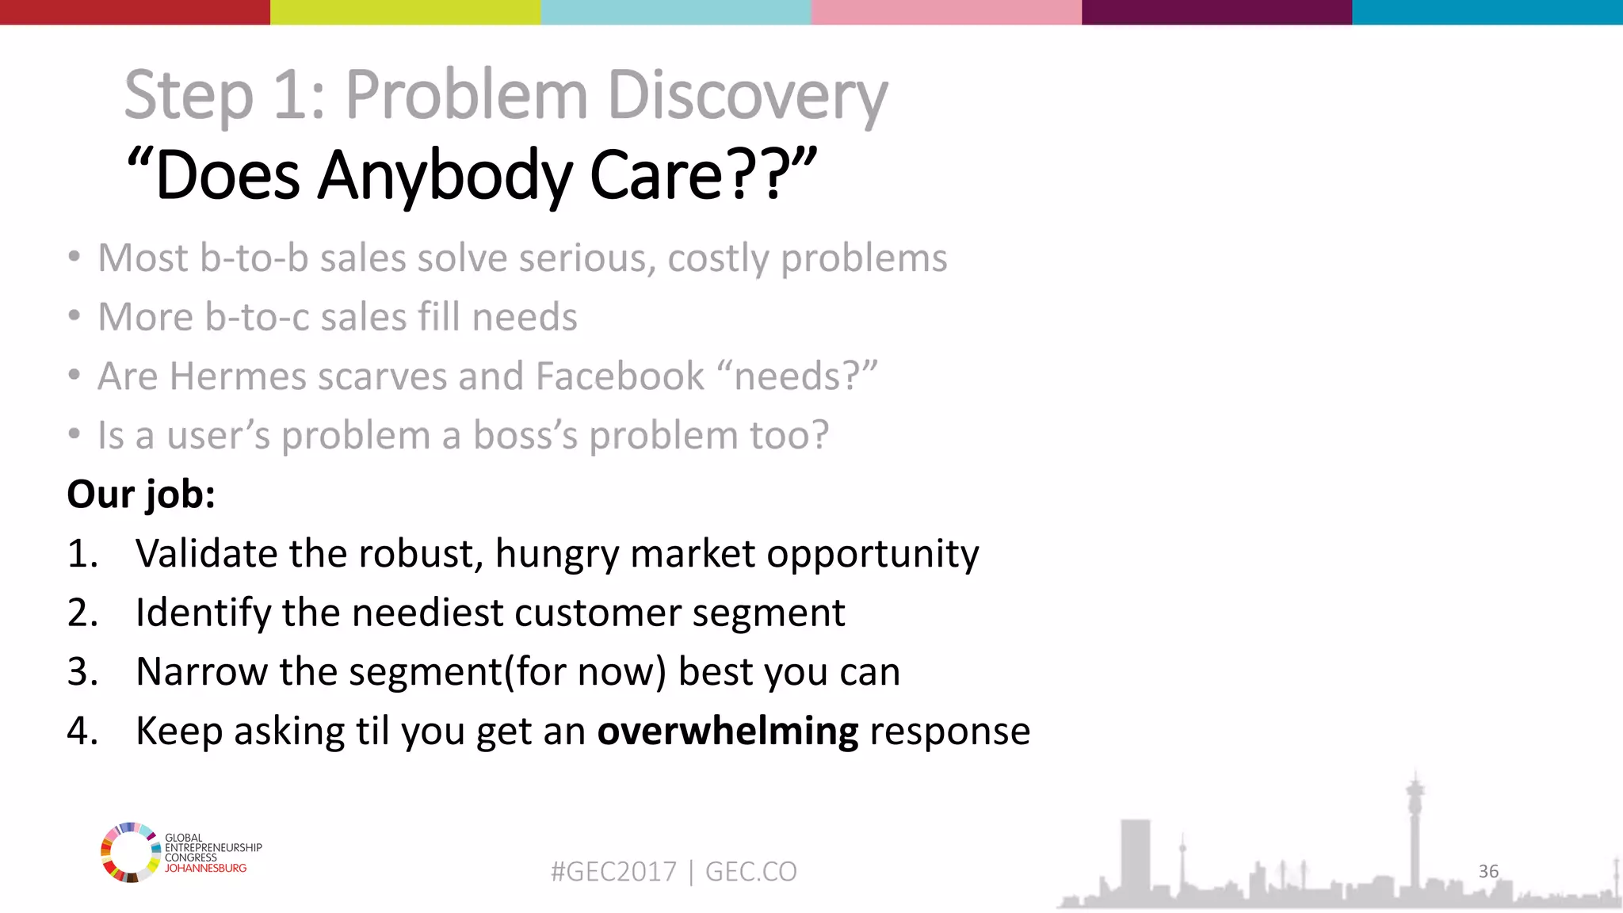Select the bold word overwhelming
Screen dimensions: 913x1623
(x=727, y=731)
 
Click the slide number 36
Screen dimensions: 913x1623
(x=1488, y=871)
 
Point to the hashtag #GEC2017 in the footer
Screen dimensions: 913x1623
(x=613, y=872)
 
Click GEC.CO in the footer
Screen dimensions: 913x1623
(x=750, y=872)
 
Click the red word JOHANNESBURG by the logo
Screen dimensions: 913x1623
(x=205, y=869)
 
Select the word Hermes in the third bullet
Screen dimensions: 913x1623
(x=237, y=376)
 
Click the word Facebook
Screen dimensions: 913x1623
(x=620, y=376)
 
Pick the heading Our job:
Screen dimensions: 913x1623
(x=141, y=495)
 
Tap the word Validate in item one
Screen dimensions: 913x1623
(x=207, y=553)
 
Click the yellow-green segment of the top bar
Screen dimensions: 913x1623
(x=405, y=12)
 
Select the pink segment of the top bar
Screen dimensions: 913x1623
(x=946, y=12)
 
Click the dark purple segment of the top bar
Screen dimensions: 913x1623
(x=1216, y=12)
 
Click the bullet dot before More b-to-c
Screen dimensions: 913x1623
(x=74, y=316)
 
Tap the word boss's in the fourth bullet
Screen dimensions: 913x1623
(x=525, y=435)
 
